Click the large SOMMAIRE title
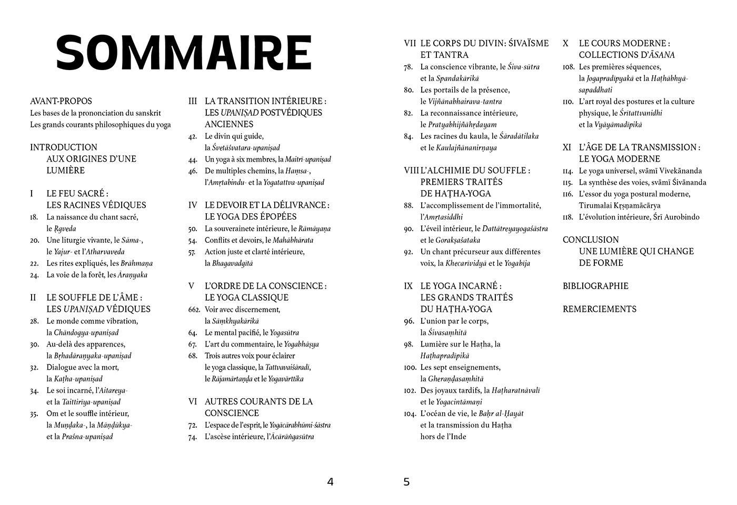184,53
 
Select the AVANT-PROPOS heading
61,101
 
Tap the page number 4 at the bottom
330,482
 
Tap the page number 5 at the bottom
406,482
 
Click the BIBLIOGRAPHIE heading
595,286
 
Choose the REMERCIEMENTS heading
599,309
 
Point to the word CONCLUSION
591,240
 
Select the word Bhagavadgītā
232,263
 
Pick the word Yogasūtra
284,333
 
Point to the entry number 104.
410,414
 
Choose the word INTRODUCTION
64,147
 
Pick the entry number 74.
193,437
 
